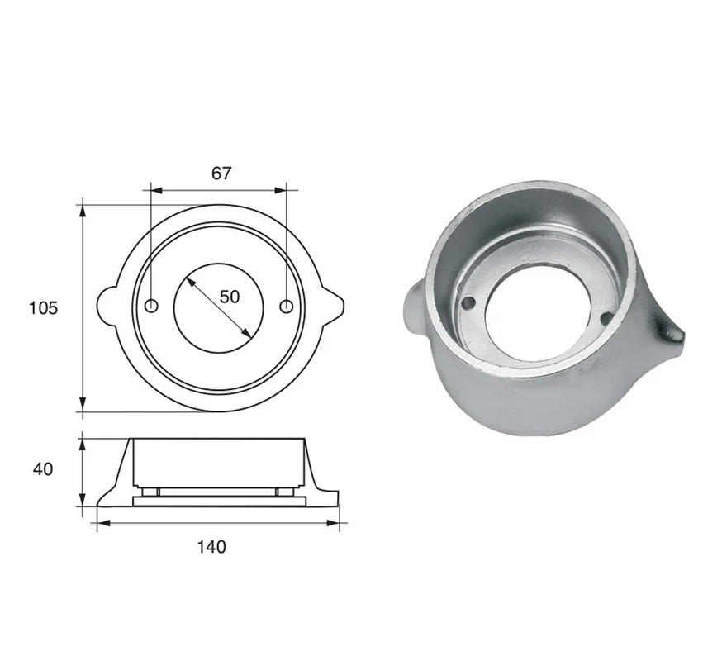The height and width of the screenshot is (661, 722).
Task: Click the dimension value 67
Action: coord(221,174)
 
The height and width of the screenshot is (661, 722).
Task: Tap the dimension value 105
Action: coord(43,307)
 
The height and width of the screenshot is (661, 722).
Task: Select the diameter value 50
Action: coord(230,297)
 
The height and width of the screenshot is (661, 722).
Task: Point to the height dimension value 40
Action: coord(43,469)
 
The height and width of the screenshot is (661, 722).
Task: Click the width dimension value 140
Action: coord(211,547)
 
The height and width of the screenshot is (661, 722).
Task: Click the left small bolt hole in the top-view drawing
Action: coord(151,306)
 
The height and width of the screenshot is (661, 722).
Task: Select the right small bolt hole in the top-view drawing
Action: coord(287,306)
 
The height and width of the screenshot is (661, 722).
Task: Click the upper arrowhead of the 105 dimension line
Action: coord(83,211)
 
